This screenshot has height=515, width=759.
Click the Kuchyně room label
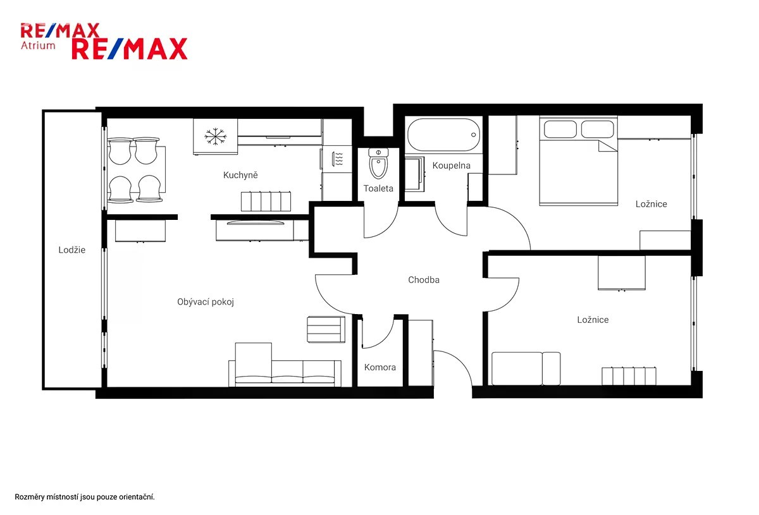click(x=240, y=175)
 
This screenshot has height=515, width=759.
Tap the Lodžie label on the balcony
click(x=72, y=250)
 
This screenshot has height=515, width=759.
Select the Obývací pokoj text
click(x=206, y=301)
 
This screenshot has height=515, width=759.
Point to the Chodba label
click(x=424, y=280)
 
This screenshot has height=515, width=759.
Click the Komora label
click(x=380, y=367)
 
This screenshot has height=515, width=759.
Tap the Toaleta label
click(x=378, y=188)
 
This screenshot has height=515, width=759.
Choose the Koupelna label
click(x=452, y=166)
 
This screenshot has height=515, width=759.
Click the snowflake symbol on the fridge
click(x=215, y=136)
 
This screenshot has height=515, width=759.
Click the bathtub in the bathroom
click(x=443, y=135)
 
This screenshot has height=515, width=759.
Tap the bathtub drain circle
click(x=473, y=135)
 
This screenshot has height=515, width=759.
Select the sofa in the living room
click(x=285, y=365)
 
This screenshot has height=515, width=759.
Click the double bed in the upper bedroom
click(x=578, y=161)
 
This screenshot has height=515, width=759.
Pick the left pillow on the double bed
click(x=560, y=130)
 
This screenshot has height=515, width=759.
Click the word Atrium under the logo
click(x=38, y=45)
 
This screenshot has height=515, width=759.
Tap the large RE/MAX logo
click(x=130, y=49)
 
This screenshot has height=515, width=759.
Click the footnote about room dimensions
click(x=84, y=497)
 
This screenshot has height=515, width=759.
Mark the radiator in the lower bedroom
click(x=629, y=376)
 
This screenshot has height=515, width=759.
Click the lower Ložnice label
click(x=593, y=320)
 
